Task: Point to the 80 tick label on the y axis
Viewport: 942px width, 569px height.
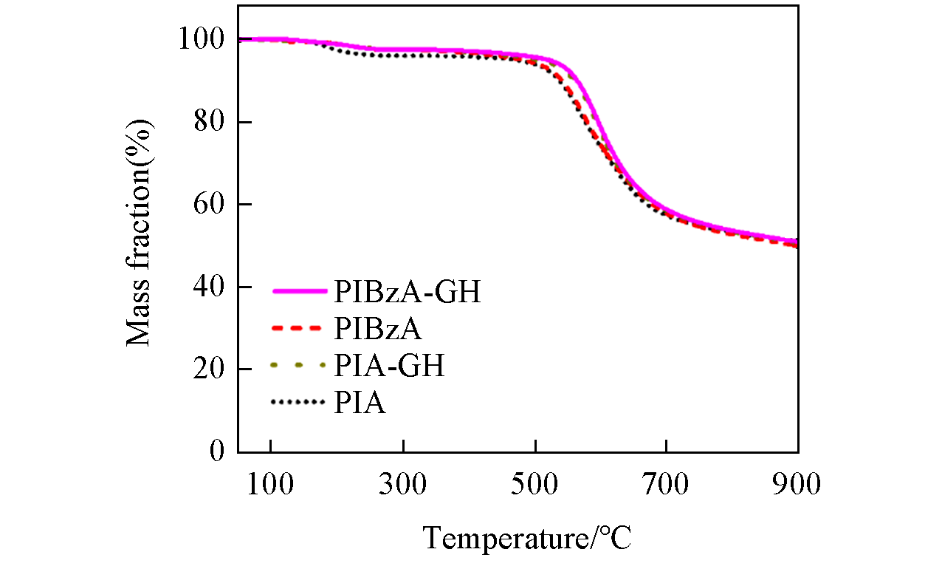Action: [x=210, y=122]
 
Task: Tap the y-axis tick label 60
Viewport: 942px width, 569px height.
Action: [x=210, y=205]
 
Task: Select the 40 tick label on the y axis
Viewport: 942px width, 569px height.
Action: [x=210, y=287]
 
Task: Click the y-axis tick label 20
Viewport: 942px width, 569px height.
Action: [x=210, y=369]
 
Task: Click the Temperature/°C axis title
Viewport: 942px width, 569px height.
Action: [x=527, y=537]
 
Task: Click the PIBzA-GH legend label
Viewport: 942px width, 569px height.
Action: [x=407, y=293]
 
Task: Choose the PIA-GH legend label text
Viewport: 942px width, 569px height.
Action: [x=389, y=365]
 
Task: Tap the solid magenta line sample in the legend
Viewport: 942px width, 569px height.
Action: [x=298, y=292]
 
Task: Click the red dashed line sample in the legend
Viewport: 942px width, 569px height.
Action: [x=298, y=328]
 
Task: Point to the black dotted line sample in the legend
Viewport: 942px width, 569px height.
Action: [x=298, y=402]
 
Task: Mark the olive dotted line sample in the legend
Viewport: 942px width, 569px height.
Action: [x=298, y=365]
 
